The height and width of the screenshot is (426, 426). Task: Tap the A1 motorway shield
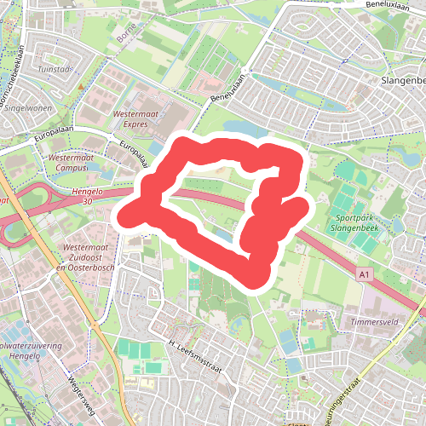365,274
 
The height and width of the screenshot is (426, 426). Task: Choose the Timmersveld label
376,324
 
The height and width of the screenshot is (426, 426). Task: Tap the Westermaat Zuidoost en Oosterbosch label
83,256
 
